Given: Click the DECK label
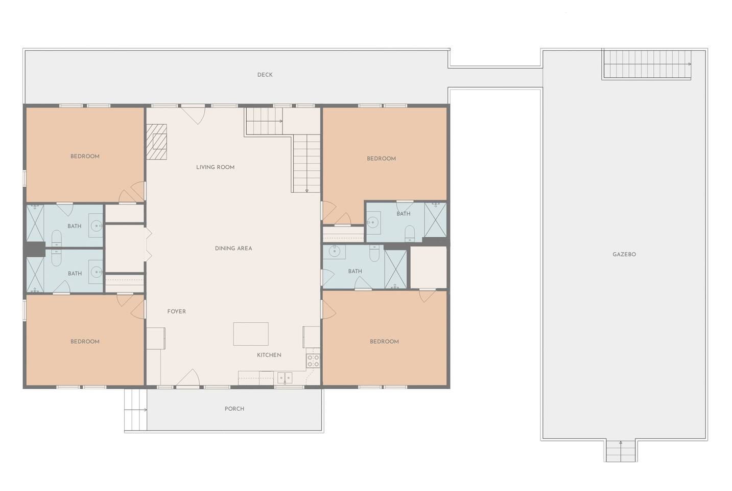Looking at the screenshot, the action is (265, 75).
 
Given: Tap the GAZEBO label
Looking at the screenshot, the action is (624, 255).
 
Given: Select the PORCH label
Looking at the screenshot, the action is (234, 409).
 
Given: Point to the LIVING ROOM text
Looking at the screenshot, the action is (216, 167).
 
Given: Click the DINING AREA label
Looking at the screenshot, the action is (233, 249).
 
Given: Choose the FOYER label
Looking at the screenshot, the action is (176, 312).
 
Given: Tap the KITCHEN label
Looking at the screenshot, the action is (269, 355).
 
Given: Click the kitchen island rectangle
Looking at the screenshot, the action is (251, 334).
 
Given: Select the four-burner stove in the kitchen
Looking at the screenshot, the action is (313, 361).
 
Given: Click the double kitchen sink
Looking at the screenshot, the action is (285, 378).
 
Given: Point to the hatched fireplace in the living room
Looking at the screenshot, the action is (156, 142).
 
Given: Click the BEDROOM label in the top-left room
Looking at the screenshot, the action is (85, 157).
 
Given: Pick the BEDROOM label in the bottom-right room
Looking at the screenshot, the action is (384, 342).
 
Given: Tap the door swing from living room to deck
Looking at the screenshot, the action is (194, 115).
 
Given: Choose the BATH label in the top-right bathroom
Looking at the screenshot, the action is (403, 214).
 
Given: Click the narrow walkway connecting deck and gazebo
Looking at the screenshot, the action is (495, 78).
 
